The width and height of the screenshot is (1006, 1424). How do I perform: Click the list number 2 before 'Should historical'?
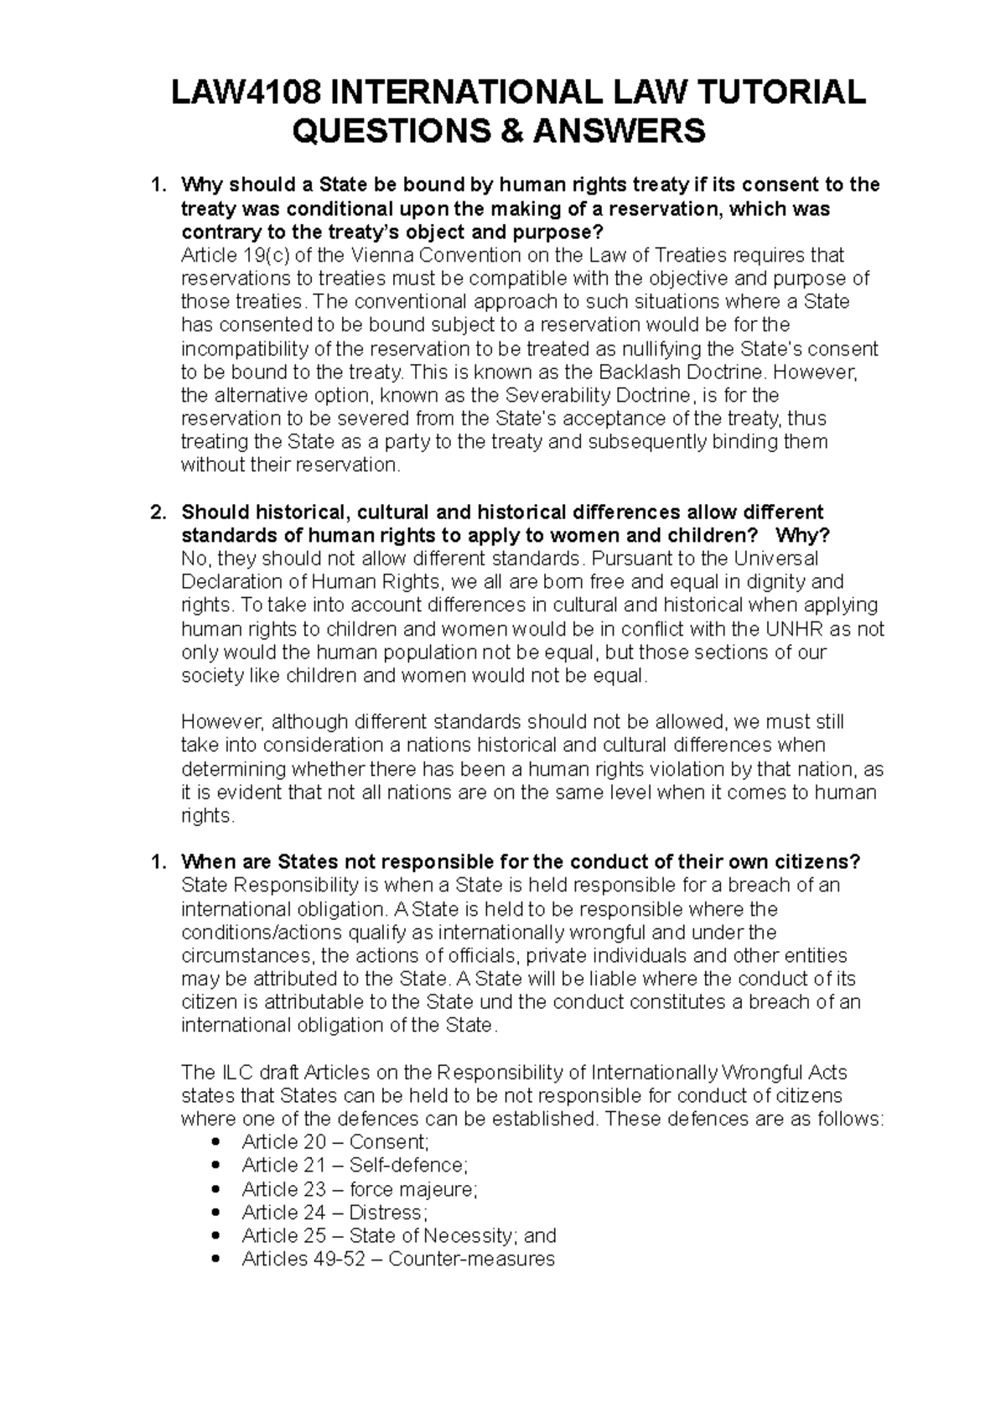(x=154, y=512)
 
